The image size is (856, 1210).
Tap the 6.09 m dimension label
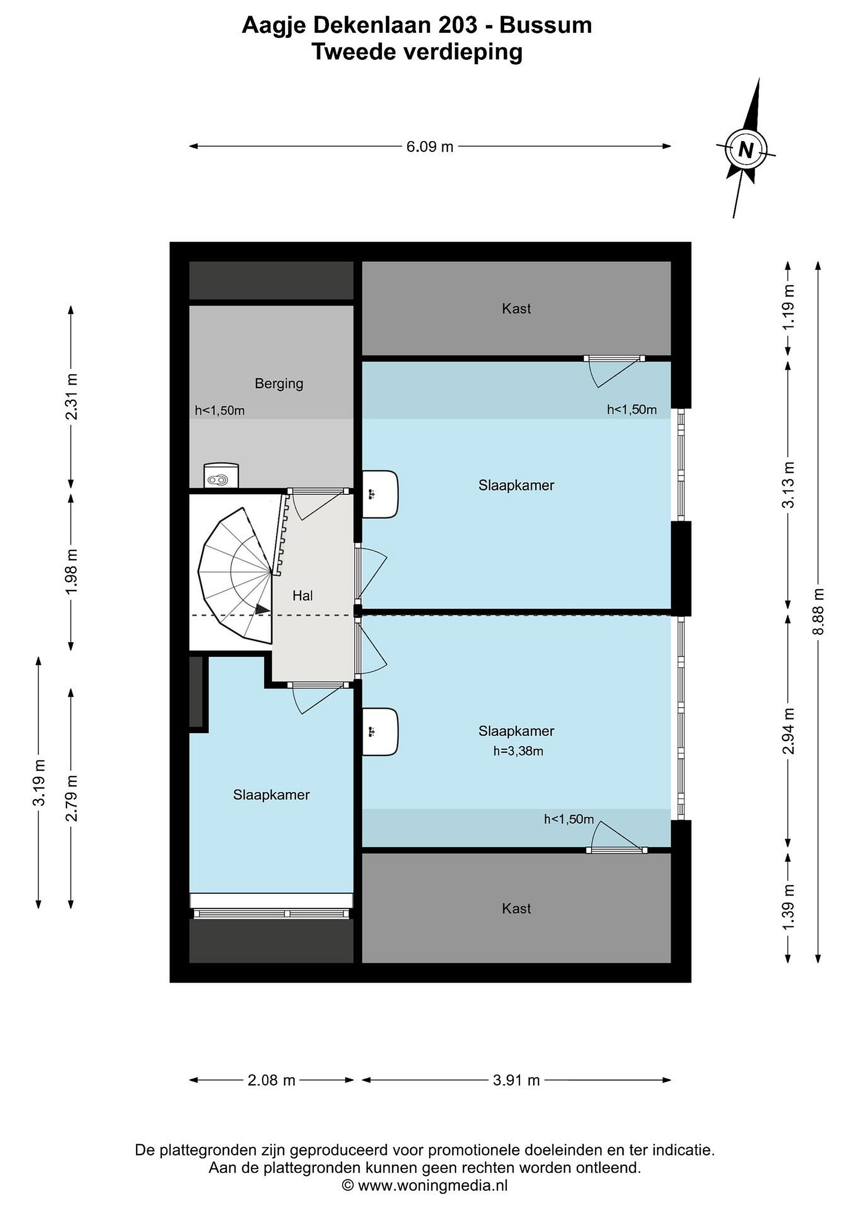429,147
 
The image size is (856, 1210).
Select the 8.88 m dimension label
818,612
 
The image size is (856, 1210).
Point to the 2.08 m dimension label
271,1080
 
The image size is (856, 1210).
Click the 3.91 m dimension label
516,1080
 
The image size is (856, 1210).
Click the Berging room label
279,384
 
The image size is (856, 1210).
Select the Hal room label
303,595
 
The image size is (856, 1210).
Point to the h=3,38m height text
518,751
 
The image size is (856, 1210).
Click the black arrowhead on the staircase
262,609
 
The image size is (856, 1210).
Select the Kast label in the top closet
516,308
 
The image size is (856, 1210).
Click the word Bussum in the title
545,25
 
